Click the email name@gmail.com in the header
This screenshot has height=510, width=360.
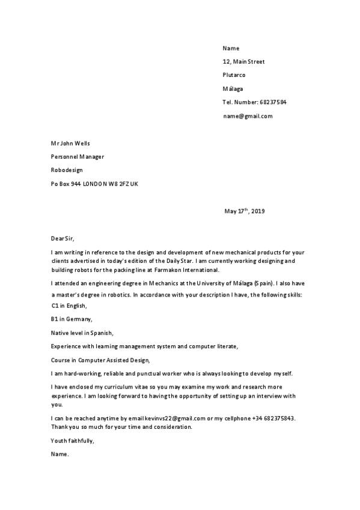248,116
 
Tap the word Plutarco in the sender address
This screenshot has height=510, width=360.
234,75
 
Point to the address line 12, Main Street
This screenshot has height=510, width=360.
243,61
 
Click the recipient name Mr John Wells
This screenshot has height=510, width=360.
70,144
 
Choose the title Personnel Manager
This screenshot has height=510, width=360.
78,157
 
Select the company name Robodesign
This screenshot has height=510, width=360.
67,170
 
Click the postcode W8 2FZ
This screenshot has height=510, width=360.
119,183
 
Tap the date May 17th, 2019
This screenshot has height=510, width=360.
244,211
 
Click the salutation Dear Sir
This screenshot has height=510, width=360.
63,239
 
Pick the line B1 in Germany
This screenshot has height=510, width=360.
72,319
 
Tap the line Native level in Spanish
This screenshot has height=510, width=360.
82,333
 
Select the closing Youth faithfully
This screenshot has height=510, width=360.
73,441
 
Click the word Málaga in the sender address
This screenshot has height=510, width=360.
233,89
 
